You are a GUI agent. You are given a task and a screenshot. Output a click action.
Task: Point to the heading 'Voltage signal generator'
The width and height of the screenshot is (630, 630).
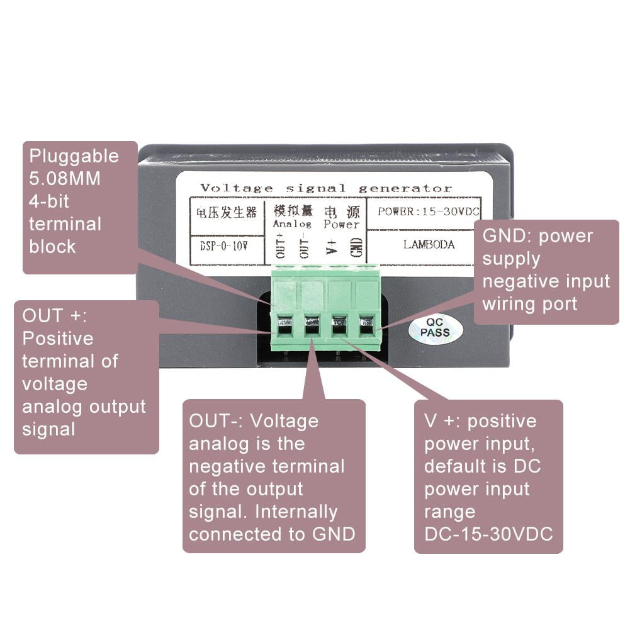[325, 188]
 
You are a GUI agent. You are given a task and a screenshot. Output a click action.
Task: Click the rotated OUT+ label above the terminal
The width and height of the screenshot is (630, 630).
[280, 245]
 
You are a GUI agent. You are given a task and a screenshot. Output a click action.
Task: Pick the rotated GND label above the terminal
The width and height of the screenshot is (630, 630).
[357, 245]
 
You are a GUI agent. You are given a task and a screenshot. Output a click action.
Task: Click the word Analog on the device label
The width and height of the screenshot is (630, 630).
[291, 224]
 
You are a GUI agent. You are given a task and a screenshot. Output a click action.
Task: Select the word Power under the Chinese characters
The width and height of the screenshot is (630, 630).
[342, 224]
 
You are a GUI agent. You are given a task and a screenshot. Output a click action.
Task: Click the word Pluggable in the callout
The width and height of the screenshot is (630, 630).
[74, 155]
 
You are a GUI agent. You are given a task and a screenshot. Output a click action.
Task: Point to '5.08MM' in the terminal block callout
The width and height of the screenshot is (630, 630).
[65, 178]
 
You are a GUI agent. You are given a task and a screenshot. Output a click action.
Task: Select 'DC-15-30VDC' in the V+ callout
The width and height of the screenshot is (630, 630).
[488, 534]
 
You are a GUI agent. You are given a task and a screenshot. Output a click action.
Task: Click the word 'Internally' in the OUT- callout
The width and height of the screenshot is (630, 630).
[295, 511]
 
